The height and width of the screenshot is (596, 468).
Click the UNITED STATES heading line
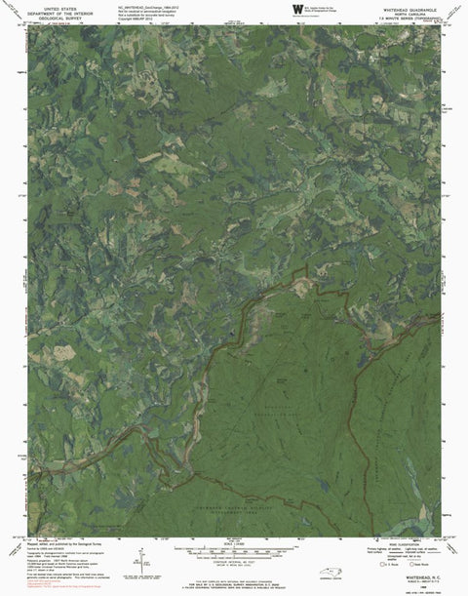[57, 7]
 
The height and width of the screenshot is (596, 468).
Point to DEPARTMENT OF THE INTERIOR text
[57, 15]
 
